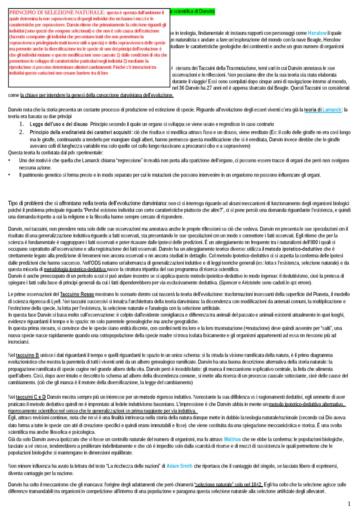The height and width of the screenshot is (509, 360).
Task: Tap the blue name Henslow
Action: click(317, 33)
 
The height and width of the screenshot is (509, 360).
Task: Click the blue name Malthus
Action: click(232, 439)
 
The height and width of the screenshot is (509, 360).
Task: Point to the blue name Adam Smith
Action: click(179, 466)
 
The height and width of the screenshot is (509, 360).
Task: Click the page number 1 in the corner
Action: click(349, 503)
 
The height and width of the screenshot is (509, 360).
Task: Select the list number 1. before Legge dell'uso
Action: click(22, 124)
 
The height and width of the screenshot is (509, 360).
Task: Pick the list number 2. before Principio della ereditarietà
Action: click(22, 132)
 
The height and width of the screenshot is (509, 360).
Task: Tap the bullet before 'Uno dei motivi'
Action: click(9, 160)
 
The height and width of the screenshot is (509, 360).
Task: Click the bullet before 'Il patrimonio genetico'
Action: click(9, 175)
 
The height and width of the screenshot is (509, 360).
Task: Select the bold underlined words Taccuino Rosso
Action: click(77, 294)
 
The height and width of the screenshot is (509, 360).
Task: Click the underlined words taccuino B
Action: click(27, 355)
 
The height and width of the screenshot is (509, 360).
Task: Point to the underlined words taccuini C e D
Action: click(31, 397)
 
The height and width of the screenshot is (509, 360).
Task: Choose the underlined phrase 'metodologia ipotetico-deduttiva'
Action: click(75, 269)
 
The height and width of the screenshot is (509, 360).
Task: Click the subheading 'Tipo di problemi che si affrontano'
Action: click(87, 203)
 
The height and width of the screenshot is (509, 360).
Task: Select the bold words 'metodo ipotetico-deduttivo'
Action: click(294, 249)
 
